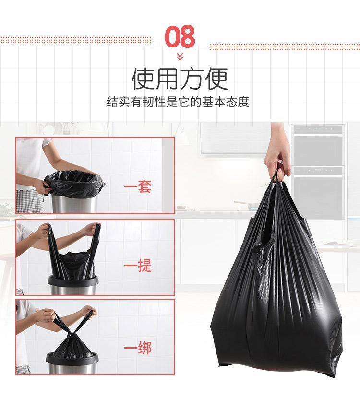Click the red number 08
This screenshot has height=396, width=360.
point(180,36)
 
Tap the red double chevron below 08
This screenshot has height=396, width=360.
point(180,57)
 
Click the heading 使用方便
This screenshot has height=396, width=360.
point(180,79)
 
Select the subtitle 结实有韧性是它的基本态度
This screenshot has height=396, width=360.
point(178,102)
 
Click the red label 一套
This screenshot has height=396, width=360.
point(138,186)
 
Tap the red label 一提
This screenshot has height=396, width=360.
point(138,265)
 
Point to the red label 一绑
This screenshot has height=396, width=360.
point(138,348)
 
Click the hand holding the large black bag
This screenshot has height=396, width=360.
point(277,154)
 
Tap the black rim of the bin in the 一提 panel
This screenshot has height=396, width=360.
point(73,281)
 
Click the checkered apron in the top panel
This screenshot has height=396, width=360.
point(29,201)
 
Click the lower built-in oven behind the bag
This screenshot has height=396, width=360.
point(318,192)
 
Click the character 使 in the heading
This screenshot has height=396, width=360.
point(143,79)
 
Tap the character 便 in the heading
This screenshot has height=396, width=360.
point(217,79)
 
